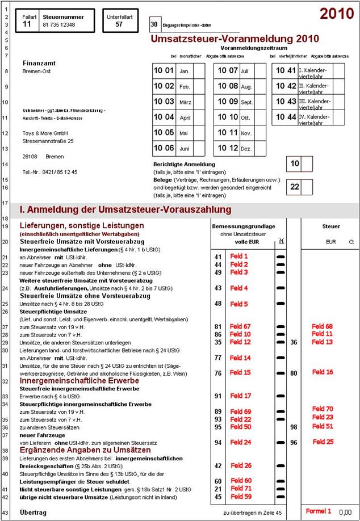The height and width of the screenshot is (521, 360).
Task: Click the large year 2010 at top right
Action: pyautogui.click(x=337, y=14)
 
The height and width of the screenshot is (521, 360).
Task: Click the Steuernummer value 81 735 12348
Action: pyautogui.click(x=58, y=25)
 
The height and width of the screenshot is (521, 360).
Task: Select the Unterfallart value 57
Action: pyautogui.click(x=119, y=24)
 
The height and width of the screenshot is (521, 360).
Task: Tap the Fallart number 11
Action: pyautogui.click(x=27, y=24)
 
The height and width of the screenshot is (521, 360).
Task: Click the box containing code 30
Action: pyautogui.click(x=154, y=24)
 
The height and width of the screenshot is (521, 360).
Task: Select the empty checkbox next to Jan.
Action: pyautogui.click(x=198, y=71)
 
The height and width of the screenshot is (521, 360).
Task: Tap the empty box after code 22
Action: pyautogui.click(x=307, y=186)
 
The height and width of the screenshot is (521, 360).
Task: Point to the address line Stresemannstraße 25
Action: pyautogui.click(x=48, y=141)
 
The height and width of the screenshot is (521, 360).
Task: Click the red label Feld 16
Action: pyautogui.click(x=323, y=372)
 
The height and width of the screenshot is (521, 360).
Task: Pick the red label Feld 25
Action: pyautogui.click(x=323, y=442)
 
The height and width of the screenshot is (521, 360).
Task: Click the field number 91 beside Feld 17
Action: pyautogui.click(x=217, y=396)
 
